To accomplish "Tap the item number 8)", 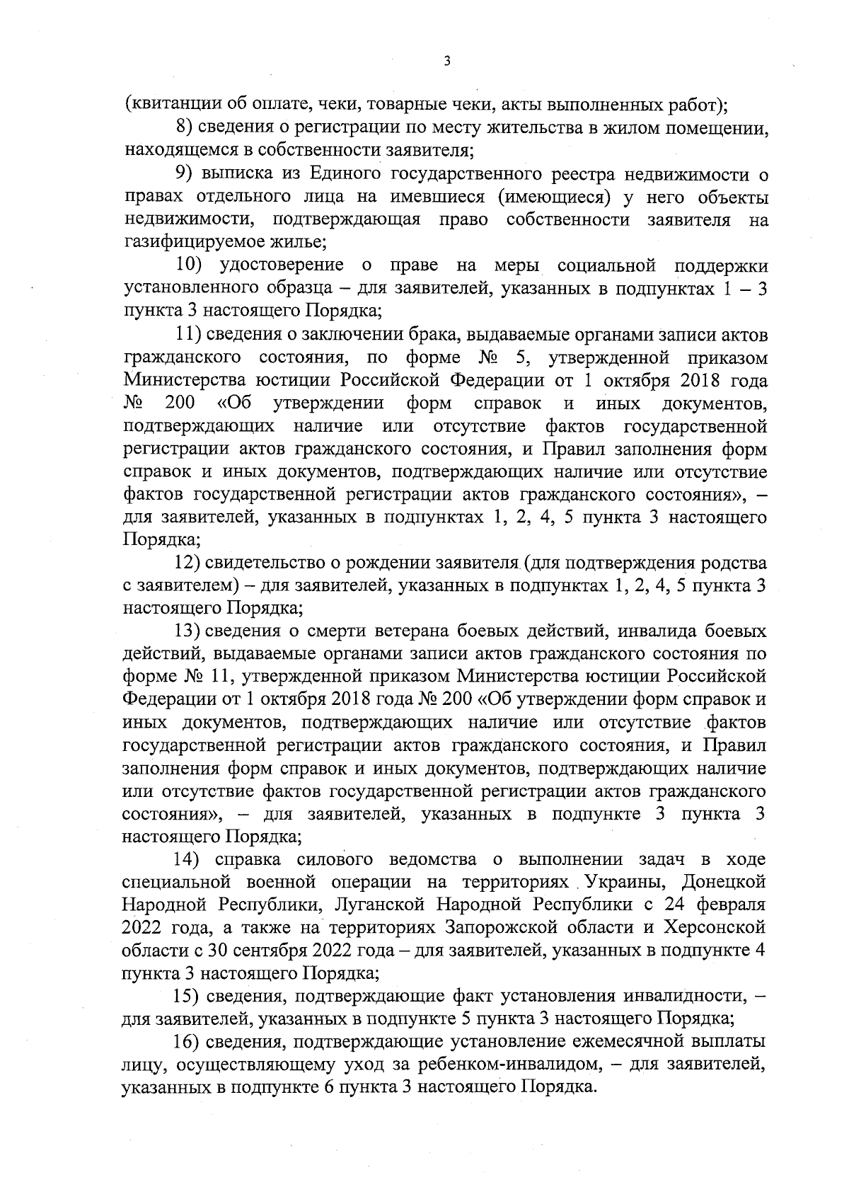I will [185, 127].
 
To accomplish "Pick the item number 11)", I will [187, 334].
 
